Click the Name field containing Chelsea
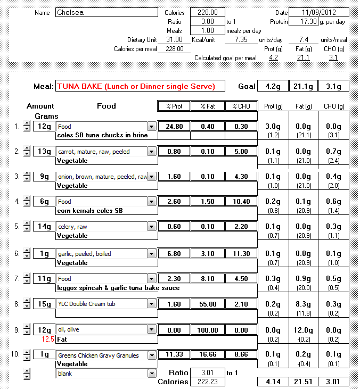[107, 12]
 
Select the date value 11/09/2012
[319, 12]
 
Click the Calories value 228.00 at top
[207, 12]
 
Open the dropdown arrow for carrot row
[152, 152]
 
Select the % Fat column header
[207, 106]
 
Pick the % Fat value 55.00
[207, 304]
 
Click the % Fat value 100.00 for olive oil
[207, 330]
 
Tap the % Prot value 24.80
[174, 127]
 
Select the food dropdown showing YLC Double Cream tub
[107, 304]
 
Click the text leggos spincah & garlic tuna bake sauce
[118, 288]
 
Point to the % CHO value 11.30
[241, 254]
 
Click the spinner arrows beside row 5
[27, 227]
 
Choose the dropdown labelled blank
[107, 374]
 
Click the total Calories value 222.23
[207, 382]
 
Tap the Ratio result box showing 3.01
[207, 373]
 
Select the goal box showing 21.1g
[303, 86]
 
